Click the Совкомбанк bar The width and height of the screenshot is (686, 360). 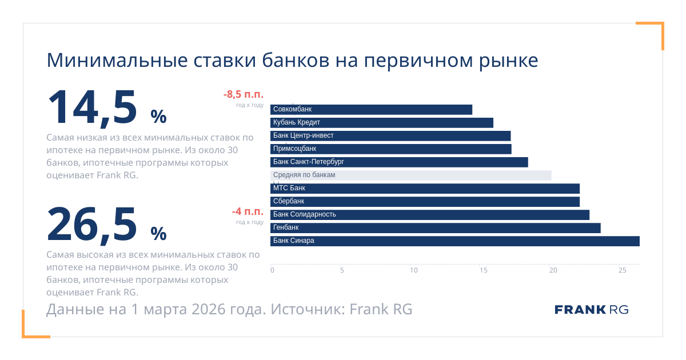[x=372, y=110]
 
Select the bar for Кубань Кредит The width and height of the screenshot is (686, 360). [x=382, y=123]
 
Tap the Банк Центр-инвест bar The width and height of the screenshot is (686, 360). [x=390, y=136]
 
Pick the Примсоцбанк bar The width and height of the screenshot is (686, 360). [x=391, y=149]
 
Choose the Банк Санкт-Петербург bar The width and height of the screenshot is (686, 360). [x=399, y=162]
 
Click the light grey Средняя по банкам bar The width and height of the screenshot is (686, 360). [x=411, y=175]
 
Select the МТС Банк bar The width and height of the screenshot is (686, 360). [x=425, y=189]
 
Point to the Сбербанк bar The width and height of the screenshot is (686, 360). [x=425, y=202]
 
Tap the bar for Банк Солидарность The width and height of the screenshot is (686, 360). [x=430, y=215]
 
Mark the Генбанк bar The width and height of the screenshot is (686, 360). [x=436, y=228]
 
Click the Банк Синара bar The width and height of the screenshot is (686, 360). [x=455, y=241]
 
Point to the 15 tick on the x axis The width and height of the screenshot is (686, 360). [x=483, y=270]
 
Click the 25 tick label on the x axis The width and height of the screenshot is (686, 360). [x=623, y=270]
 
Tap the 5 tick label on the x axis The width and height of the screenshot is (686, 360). [x=342, y=270]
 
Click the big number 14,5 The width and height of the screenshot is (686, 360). [x=93, y=107]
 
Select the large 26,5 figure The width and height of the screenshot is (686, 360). [x=93, y=223]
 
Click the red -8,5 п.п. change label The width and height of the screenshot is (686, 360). [x=243, y=95]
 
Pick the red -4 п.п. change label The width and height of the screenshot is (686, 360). [x=248, y=211]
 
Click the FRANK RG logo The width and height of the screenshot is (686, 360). [x=591, y=310]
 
